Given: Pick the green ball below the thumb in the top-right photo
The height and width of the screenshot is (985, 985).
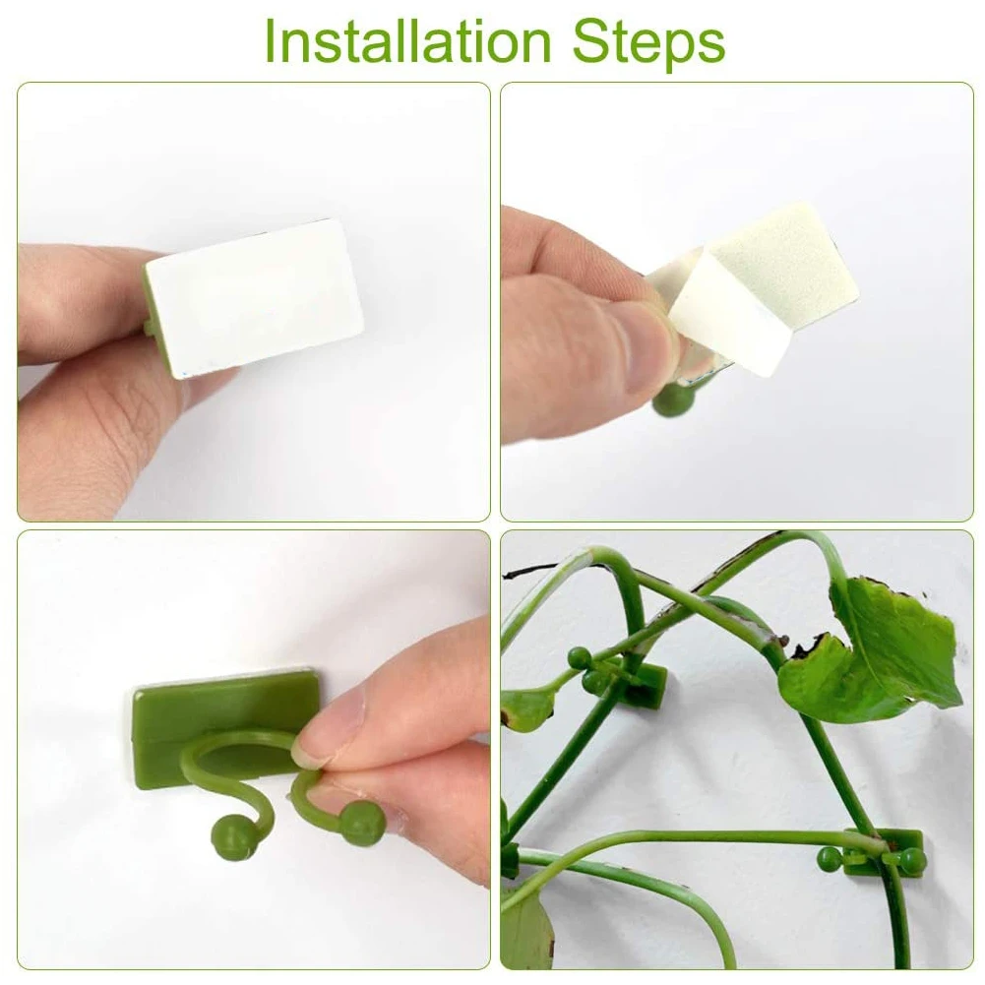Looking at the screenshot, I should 672,400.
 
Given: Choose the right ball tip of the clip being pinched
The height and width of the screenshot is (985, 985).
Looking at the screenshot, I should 362,823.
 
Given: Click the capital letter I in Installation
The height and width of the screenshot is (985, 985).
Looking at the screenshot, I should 273,41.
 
